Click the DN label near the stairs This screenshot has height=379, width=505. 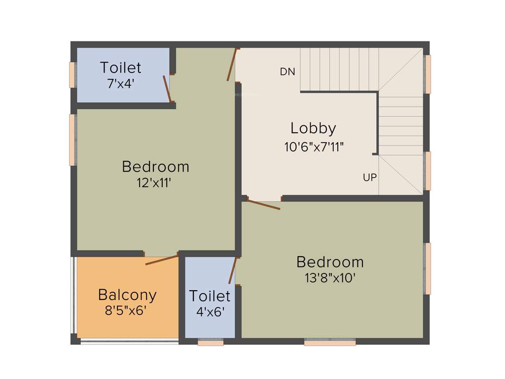288,72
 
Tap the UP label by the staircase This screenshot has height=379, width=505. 370,178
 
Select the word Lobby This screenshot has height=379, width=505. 313,128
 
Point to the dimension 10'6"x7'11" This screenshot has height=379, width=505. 314,147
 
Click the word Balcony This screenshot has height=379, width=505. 127,295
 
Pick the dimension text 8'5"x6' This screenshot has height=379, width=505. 126,311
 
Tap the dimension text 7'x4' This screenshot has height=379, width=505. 121,83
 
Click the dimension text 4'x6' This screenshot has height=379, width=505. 210,312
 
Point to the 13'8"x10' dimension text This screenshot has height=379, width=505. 330,278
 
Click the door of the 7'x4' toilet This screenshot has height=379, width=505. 168,89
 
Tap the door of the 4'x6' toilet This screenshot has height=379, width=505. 233,270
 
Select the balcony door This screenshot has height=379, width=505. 162,260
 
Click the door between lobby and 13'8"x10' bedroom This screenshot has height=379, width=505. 264,204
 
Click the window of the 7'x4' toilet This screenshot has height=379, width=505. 72,75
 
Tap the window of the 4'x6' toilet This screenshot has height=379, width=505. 211,342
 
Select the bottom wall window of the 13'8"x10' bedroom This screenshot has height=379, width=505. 330,342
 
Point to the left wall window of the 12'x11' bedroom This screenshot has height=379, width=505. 72,140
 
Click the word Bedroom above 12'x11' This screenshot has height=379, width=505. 156,167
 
